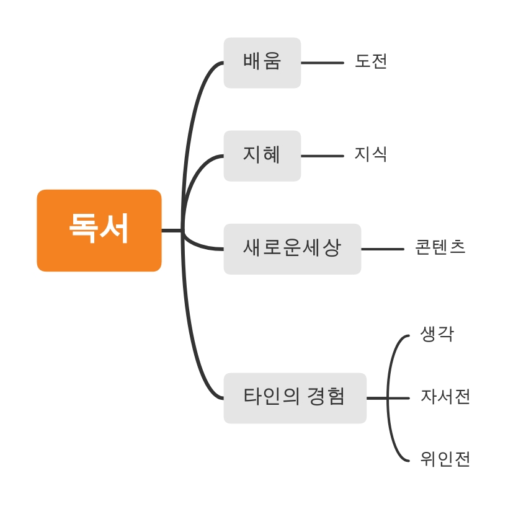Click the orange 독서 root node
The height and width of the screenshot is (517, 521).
coord(99,230)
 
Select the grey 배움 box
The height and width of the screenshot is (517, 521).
coord(262,63)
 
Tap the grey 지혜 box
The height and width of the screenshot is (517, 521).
coord(262,156)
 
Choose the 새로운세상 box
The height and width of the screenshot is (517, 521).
coord(292,249)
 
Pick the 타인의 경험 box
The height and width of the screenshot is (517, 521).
coord(295,397)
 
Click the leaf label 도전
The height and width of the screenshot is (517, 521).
coord(371,61)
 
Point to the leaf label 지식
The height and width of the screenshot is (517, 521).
coord(371,154)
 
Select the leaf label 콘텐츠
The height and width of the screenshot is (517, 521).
coord(440,247)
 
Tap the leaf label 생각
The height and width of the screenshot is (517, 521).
coord(437,334)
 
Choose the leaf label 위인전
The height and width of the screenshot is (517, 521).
coord(445,459)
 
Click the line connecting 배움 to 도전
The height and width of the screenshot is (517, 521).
coord(322,63)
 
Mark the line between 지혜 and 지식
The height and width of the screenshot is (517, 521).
coord(322,156)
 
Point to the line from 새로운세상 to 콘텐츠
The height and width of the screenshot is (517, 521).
coord(382,249)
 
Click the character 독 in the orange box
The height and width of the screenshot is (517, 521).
coord(84,229)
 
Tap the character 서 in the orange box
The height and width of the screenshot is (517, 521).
coord(115,229)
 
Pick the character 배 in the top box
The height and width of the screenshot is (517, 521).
coord(252,61)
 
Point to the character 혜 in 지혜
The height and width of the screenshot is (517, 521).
coord(272,154)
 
